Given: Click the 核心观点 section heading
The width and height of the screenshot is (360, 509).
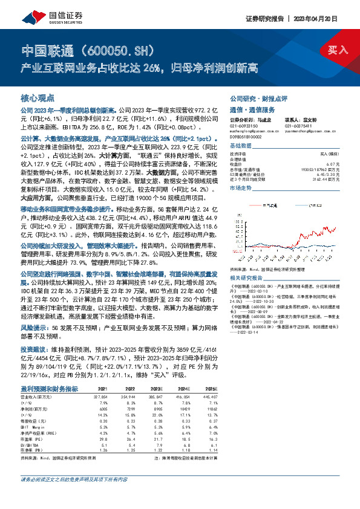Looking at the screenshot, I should coord(38,97).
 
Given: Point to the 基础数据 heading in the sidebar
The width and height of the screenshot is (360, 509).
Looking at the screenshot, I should coord(241,147).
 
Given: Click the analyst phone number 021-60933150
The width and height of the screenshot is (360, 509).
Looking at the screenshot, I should coord(244,127).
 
